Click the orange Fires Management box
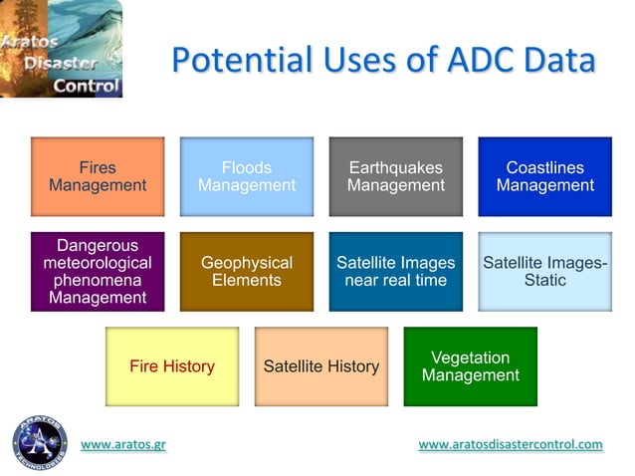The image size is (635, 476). [x=98, y=176]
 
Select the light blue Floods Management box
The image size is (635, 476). [x=247, y=176]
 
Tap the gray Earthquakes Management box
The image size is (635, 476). [x=396, y=176]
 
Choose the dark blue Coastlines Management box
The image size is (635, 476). [x=544, y=176]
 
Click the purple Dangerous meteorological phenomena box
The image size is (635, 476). [x=98, y=272]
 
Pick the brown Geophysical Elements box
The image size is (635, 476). [x=247, y=272]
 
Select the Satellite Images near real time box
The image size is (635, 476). [x=396, y=272]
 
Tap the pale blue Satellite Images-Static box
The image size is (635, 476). [x=544, y=272]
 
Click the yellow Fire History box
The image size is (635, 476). [x=172, y=366]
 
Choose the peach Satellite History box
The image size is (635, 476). [x=321, y=366]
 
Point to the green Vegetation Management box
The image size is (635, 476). [x=471, y=366]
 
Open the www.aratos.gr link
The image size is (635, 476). [x=123, y=445]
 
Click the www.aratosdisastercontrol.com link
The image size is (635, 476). [x=511, y=445]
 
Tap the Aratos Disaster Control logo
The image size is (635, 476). [x=61, y=49]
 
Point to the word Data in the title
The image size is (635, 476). [x=558, y=60]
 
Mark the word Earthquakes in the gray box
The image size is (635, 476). [x=396, y=167]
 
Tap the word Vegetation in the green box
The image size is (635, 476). [x=471, y=357]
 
